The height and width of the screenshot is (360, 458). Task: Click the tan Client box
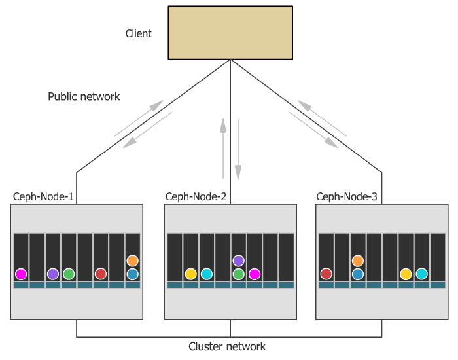(229, 32)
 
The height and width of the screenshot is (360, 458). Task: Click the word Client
(139, 33)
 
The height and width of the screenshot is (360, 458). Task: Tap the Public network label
(84, 96)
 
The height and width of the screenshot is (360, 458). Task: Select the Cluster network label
(227, 346)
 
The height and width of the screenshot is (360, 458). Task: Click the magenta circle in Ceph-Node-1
(22, 274)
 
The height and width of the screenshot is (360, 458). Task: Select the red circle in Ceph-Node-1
(101, 274)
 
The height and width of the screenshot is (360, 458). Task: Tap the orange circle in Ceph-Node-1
(132, 261)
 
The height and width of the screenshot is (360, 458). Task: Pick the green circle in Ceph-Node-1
(69, 274)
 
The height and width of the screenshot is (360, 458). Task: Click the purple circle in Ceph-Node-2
(238, 261)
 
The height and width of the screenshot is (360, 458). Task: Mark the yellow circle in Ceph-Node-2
(190, 274)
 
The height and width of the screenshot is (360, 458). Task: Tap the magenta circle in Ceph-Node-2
(255, 274)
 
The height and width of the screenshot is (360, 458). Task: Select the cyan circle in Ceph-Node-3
(421, 274)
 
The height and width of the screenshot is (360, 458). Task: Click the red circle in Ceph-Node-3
(326, 274)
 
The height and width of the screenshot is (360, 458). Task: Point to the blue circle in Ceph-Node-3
(357, 274)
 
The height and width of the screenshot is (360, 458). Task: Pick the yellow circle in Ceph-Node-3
(406, 274)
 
